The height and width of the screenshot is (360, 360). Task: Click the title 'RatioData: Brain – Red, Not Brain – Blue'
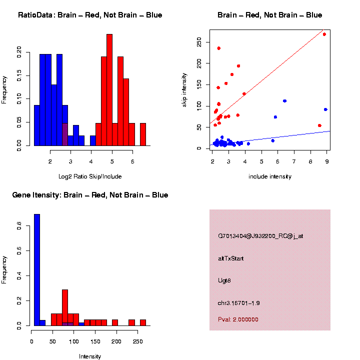(90, 15)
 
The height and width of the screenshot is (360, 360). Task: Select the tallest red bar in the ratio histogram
(109, 90)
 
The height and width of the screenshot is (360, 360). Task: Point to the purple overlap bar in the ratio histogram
(65, 134)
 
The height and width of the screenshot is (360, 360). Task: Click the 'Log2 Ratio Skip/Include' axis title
(90, 176)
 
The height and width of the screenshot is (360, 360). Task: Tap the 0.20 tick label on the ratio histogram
(19, 51)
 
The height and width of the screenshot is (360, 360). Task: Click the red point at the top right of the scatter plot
(324, 34)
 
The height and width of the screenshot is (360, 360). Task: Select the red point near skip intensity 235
(218, 48)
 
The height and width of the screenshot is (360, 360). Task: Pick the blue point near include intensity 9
(325, 109)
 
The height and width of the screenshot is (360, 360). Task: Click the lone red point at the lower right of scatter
(319, 125)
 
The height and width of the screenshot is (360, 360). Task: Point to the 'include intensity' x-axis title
(270, 176)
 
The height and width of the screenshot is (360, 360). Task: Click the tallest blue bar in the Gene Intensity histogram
(37, 270)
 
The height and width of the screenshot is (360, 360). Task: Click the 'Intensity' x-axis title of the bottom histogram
(90, 356)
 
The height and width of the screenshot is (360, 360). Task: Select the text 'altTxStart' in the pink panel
(231, 258)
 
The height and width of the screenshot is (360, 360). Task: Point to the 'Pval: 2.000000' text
(238, 319)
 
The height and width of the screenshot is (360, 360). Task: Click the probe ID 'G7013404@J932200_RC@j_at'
(260, 236)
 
